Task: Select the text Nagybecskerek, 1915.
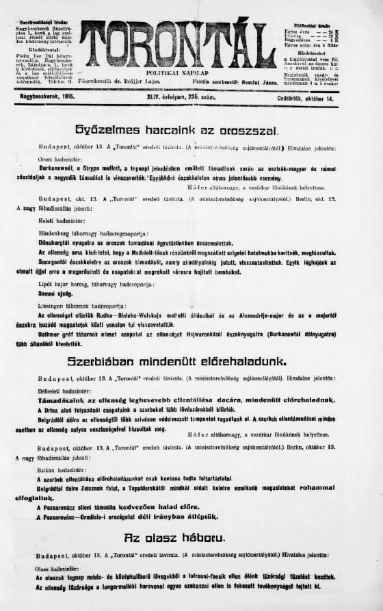coord(49,98)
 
